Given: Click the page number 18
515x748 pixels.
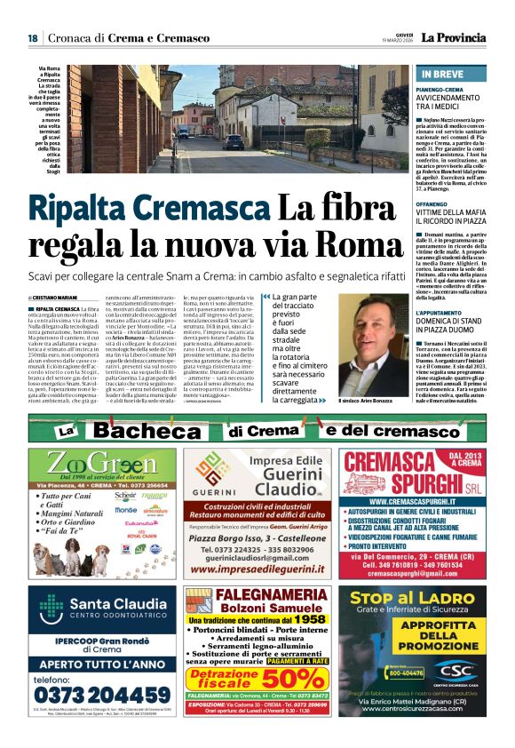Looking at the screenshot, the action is [x=32, y=37].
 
